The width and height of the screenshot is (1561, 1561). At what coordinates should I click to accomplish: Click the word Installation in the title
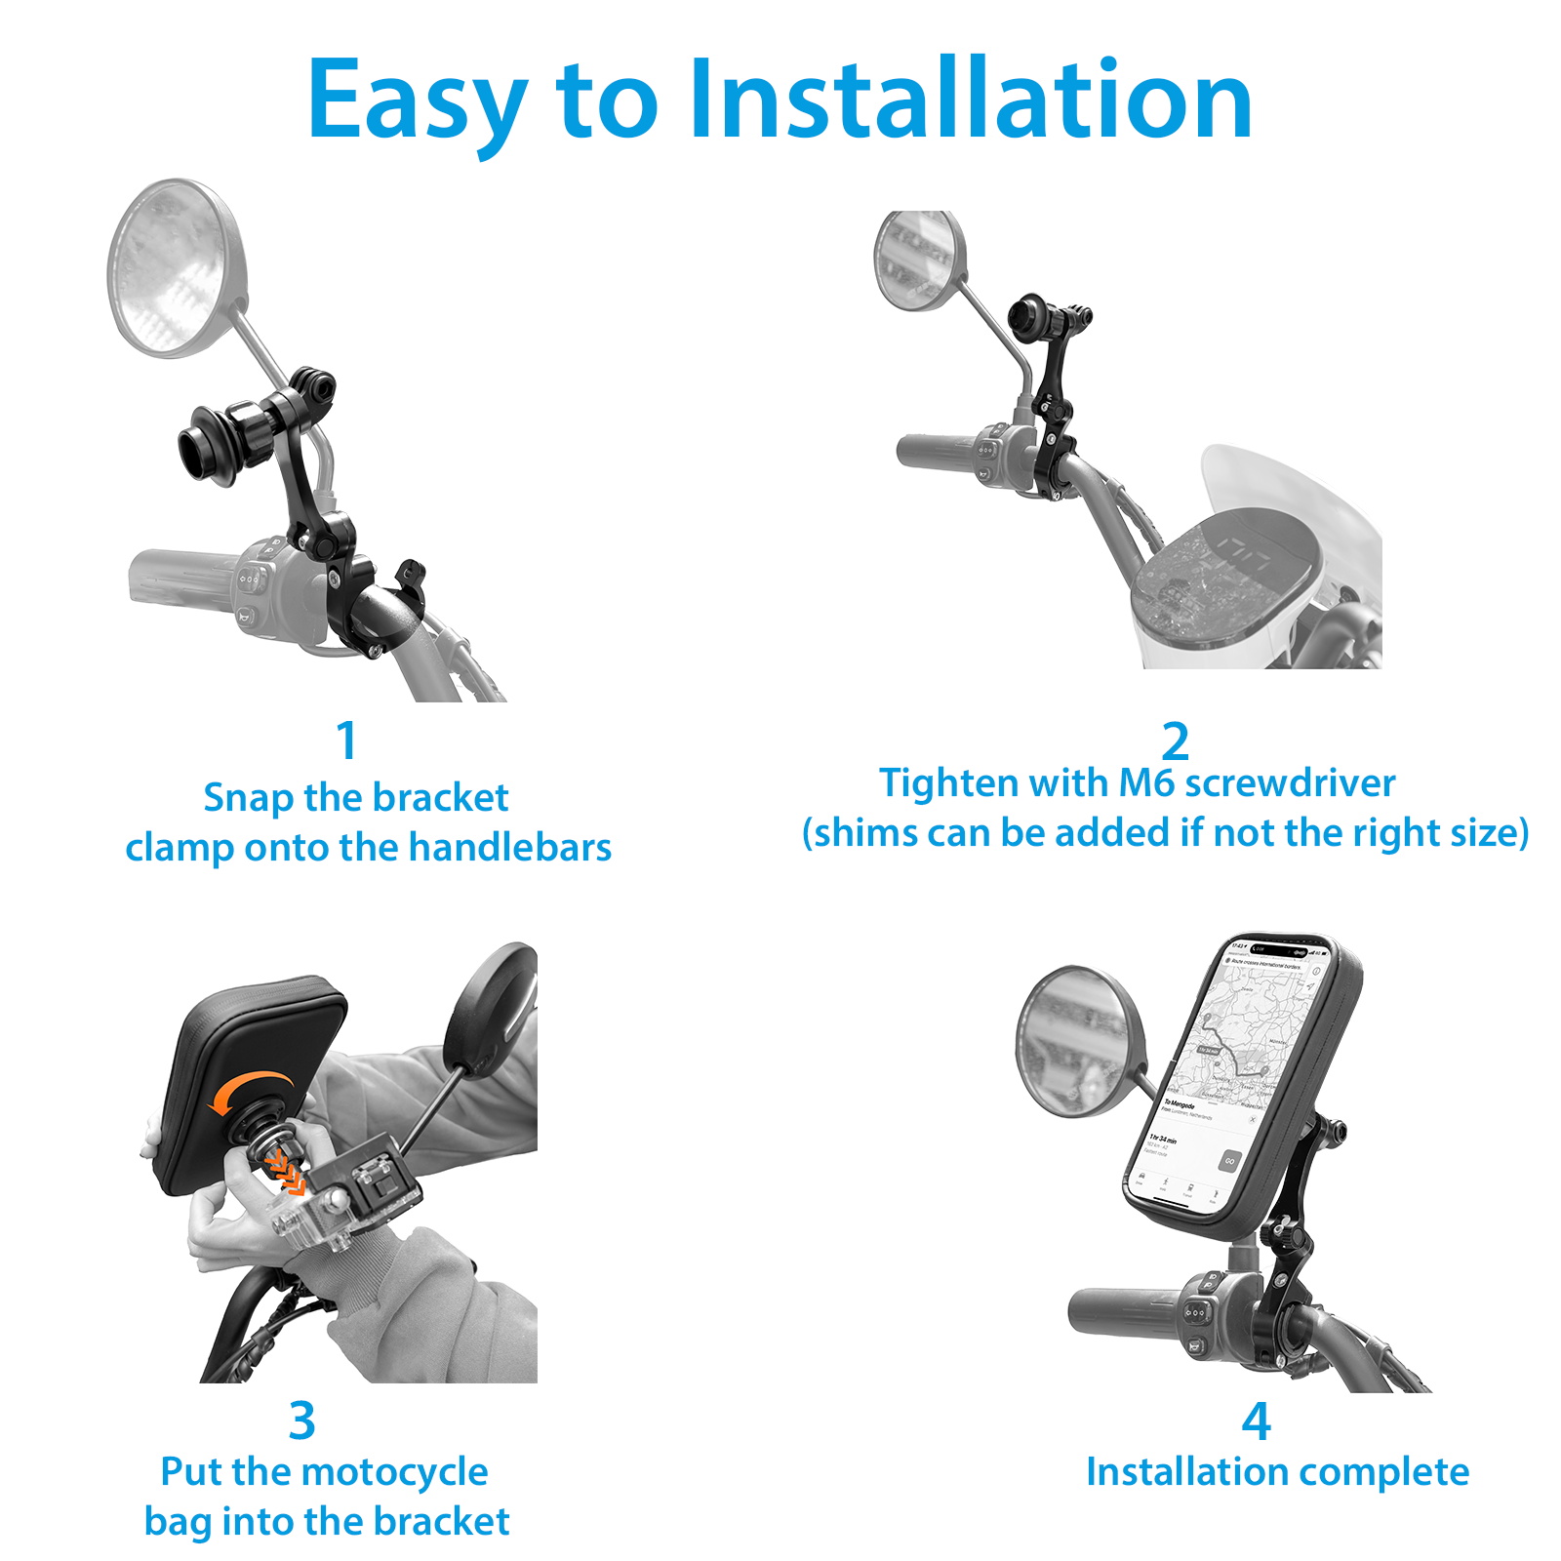pyautogui.click(x=970, y=100)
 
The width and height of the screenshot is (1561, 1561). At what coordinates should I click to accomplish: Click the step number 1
pyautogui.click(x=346, y=741)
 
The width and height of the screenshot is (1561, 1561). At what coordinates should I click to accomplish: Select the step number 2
pyautogui.click(x=1175, y=742)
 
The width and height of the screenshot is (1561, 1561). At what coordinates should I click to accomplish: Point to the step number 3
pyautogui.click(x=302, y=1421)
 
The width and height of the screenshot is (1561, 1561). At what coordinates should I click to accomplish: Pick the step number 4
pyautogui.click(x=1256, y=1421)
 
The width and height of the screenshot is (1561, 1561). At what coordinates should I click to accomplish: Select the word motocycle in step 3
pyautogui.click(x=394, y=1472)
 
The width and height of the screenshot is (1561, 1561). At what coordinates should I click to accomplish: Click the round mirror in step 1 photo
pyautogui.click(x=176, y=267)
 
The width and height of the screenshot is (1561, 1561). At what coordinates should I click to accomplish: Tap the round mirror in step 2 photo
pyautogui.click(x=918, y=260)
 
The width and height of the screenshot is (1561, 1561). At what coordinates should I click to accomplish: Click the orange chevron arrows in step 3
pyautogui.click(x=284, y=1170)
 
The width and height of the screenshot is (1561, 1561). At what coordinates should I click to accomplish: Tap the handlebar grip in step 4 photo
pyautogui.click(x=1122, y=1313)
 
